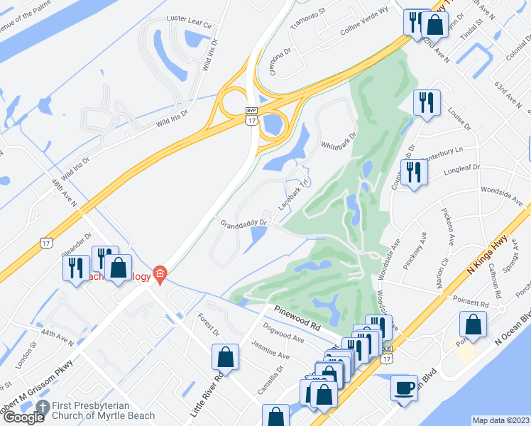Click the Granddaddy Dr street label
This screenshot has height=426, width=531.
coord(243,222)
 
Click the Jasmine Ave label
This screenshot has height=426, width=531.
coord(269,349)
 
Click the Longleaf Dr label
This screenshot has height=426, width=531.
coord(461,168)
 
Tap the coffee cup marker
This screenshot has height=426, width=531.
coord(404,388)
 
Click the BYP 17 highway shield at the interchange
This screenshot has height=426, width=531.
coord(251,116)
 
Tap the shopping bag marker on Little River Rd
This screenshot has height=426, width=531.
coord(225,356)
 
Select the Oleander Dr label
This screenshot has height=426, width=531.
coord(78,245)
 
